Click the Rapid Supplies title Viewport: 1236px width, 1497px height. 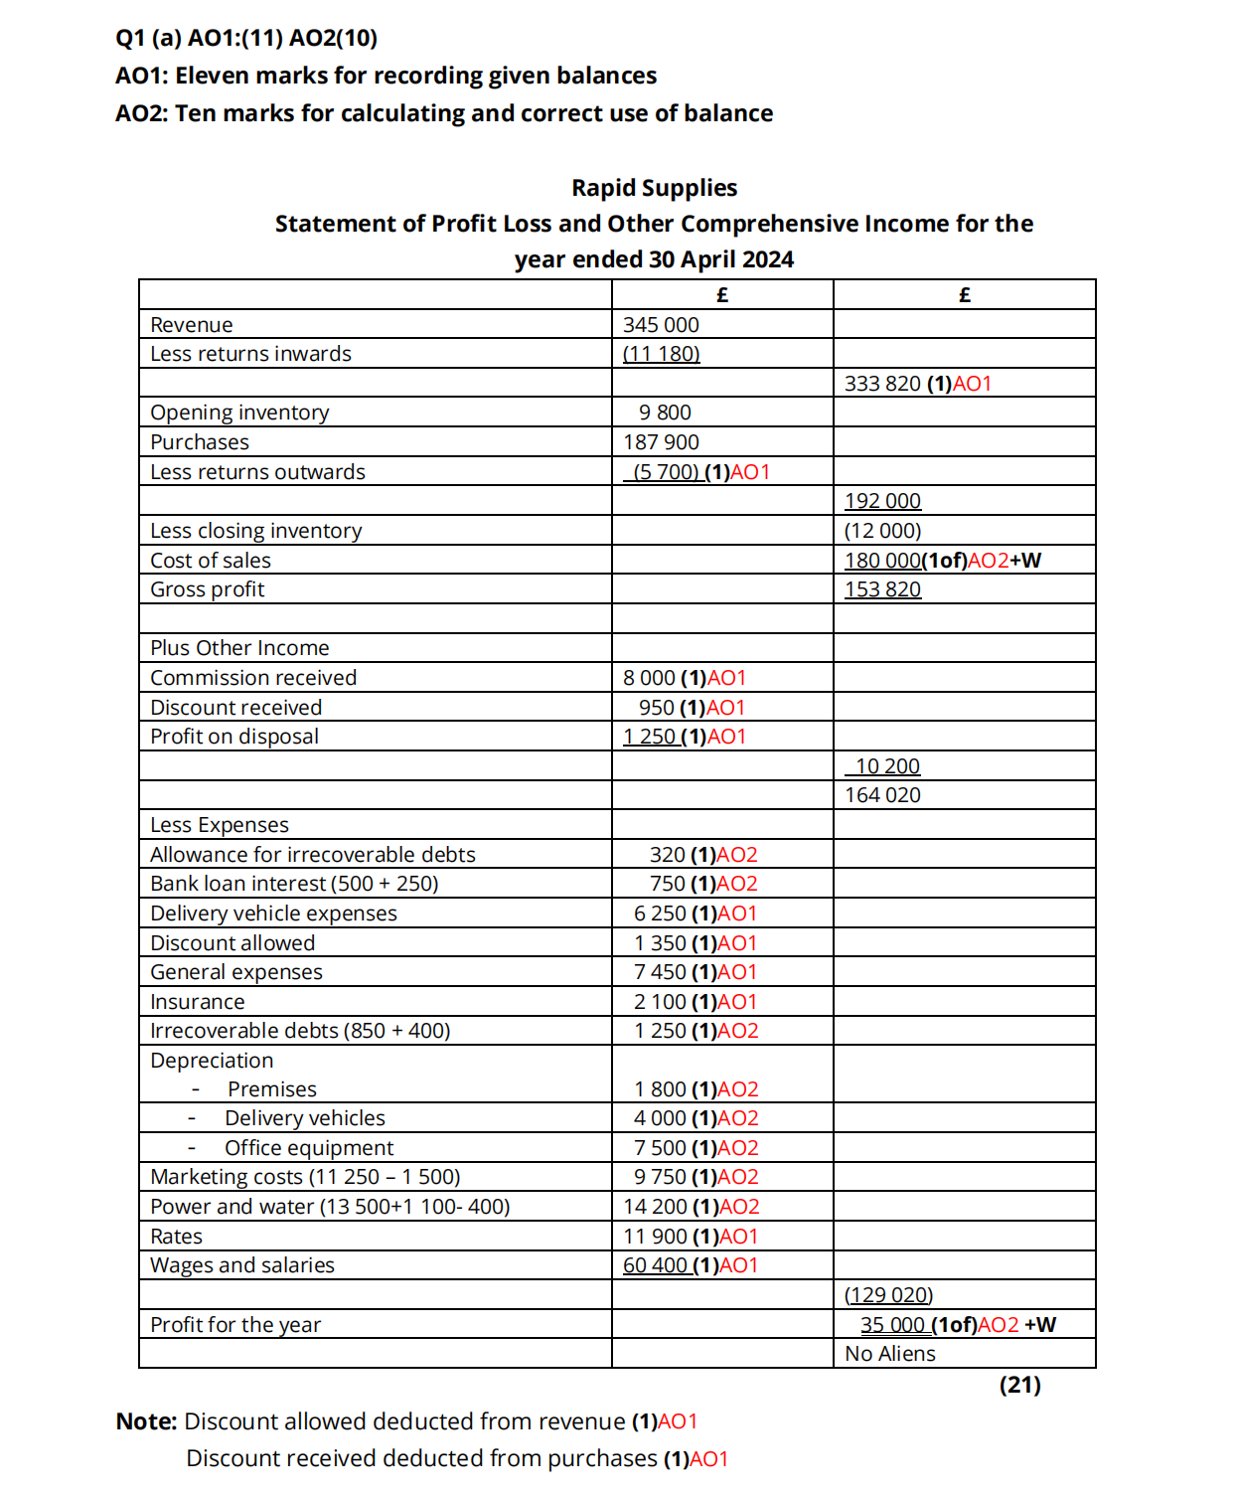coord(654,188)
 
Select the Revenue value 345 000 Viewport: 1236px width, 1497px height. coord(661,325)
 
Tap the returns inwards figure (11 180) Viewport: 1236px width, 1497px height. coord(661,354)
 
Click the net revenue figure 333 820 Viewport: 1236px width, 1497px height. coord(882,384)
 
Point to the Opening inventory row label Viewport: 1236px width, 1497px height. coord(239,413)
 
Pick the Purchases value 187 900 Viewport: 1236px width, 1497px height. coord(661,442)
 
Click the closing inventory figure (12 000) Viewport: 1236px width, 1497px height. coord(882,531)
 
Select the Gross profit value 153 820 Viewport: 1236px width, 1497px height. coord(882,589)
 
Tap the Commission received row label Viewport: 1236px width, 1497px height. coord(253,678)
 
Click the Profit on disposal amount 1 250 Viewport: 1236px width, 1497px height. coord(650,737)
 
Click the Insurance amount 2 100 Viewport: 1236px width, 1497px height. coord(661,1002)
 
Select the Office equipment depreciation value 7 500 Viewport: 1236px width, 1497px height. coord(661,1148)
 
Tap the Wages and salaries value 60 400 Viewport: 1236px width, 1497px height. coord(656,1265)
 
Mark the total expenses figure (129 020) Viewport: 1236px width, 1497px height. coord(888,1295)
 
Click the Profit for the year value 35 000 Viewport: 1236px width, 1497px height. coord(892,1325)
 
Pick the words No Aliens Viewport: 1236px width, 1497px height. coord(890,1354)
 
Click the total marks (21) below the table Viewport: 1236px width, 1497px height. coord(1019,1385)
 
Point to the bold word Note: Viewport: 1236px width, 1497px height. coord(146,1421)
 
